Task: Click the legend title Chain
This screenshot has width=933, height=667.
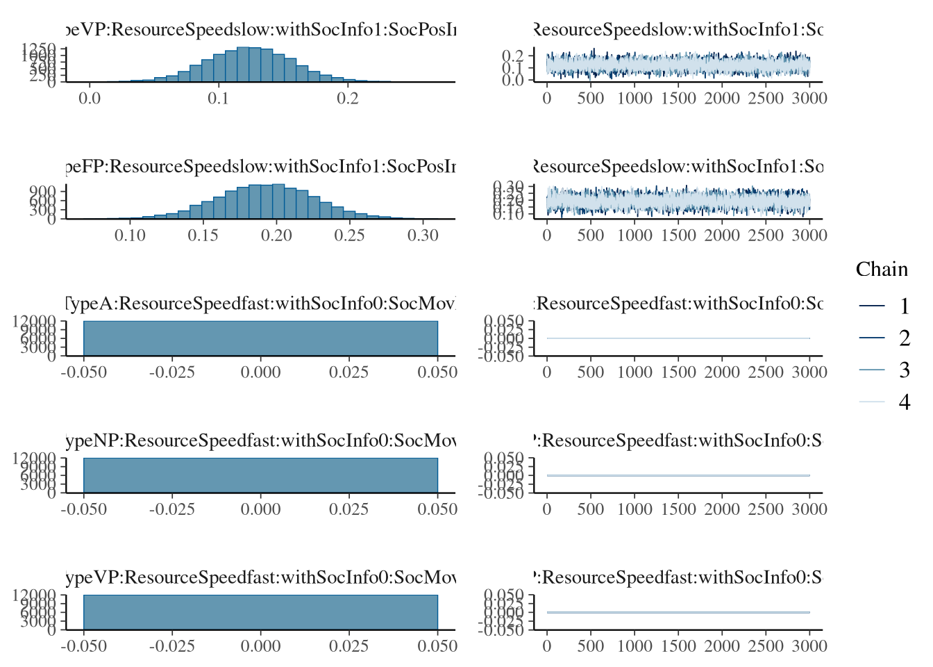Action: click(x=882, y=270)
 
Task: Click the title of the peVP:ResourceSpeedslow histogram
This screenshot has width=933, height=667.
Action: click(x=261, y=30)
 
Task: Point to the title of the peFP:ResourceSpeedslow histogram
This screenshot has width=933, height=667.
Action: click(x=261, y=167)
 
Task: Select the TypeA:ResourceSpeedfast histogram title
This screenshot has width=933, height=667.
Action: click(x=261, y=304)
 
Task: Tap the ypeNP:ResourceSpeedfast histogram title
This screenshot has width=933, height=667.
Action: click(x=261, y=440)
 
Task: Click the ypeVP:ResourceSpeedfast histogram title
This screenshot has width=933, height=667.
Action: click(x=261, y=577)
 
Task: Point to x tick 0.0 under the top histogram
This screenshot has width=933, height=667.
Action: click(x=90, y=99)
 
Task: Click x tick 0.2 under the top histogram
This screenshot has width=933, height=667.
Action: click(x=348, y=99)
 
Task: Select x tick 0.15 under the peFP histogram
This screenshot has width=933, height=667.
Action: click(x=203, y=236)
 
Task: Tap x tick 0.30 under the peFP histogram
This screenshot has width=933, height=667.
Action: click(x=423, y=236)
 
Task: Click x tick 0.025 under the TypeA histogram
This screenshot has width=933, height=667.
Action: click(x=348, y=372)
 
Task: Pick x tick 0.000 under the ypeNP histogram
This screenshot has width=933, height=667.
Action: click(x=261, y=509)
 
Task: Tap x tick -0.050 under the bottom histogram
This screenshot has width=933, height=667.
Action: click(x=84, y=646)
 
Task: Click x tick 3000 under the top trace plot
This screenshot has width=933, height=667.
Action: click(x=809, y=99)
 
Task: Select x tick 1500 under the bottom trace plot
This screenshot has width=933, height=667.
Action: click(x=678, y=646)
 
